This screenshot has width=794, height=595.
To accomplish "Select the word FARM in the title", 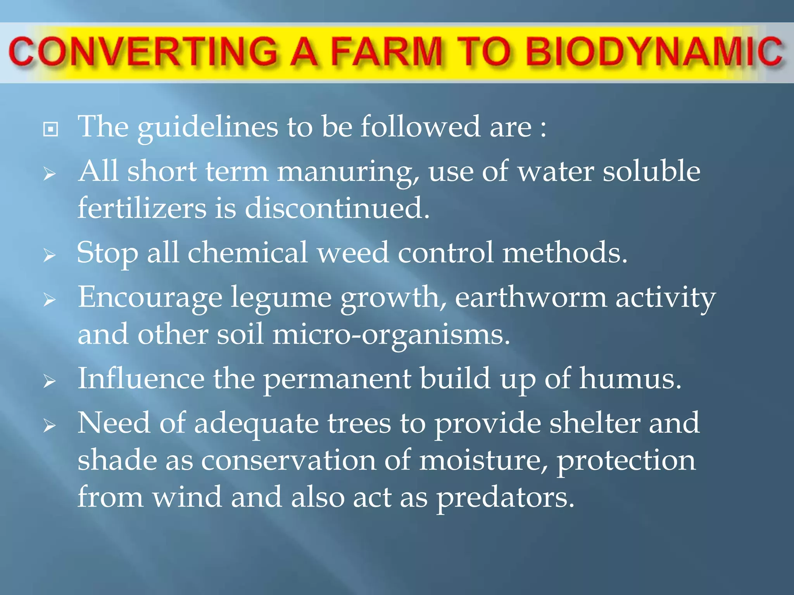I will [386, 52].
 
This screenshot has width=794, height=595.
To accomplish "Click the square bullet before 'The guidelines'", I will [51, 129].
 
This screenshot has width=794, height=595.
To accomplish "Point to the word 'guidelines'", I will [208, 127].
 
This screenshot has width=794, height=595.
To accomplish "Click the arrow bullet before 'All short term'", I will [50, 174].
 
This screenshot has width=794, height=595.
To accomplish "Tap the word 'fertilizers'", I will [142, 208].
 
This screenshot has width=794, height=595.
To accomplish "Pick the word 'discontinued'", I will [336, 208].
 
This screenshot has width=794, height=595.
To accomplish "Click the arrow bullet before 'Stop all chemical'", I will [50, 255].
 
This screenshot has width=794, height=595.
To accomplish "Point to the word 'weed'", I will [353, 253].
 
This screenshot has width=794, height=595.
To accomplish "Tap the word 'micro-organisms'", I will [390, 335].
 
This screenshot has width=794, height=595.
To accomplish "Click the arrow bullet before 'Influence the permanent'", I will [50, 382].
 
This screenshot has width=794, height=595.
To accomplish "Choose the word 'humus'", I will [629, 379].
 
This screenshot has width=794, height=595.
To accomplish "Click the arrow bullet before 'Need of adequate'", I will [50, 426].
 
